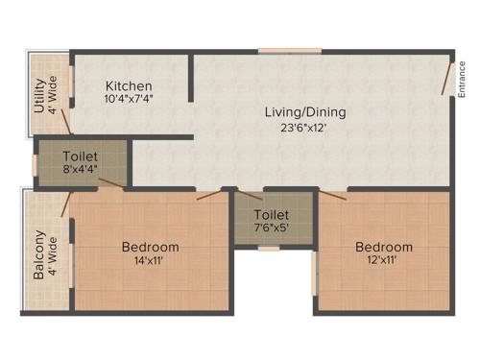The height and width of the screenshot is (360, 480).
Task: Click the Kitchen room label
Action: (130, 85)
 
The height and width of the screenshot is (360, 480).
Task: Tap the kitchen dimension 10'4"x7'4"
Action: (130, 98)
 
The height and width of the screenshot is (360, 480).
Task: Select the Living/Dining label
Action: (305, 112)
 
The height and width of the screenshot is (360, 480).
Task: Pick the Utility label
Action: (39, 95)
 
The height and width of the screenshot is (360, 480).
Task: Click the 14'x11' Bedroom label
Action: (150, 247)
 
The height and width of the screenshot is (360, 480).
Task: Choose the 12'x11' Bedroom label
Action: (382, 247)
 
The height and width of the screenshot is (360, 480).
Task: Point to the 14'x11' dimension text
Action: (150, 260)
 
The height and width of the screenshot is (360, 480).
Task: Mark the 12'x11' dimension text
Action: (382, 260)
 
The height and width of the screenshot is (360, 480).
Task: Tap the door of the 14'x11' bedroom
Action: (209, 195)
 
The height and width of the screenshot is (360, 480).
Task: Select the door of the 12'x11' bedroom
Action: (332, 196)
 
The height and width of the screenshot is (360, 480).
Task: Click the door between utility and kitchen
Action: (66, 120)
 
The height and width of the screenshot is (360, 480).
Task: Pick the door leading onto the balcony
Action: (65, 204)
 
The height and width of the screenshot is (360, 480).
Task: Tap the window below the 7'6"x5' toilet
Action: (269, 248)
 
